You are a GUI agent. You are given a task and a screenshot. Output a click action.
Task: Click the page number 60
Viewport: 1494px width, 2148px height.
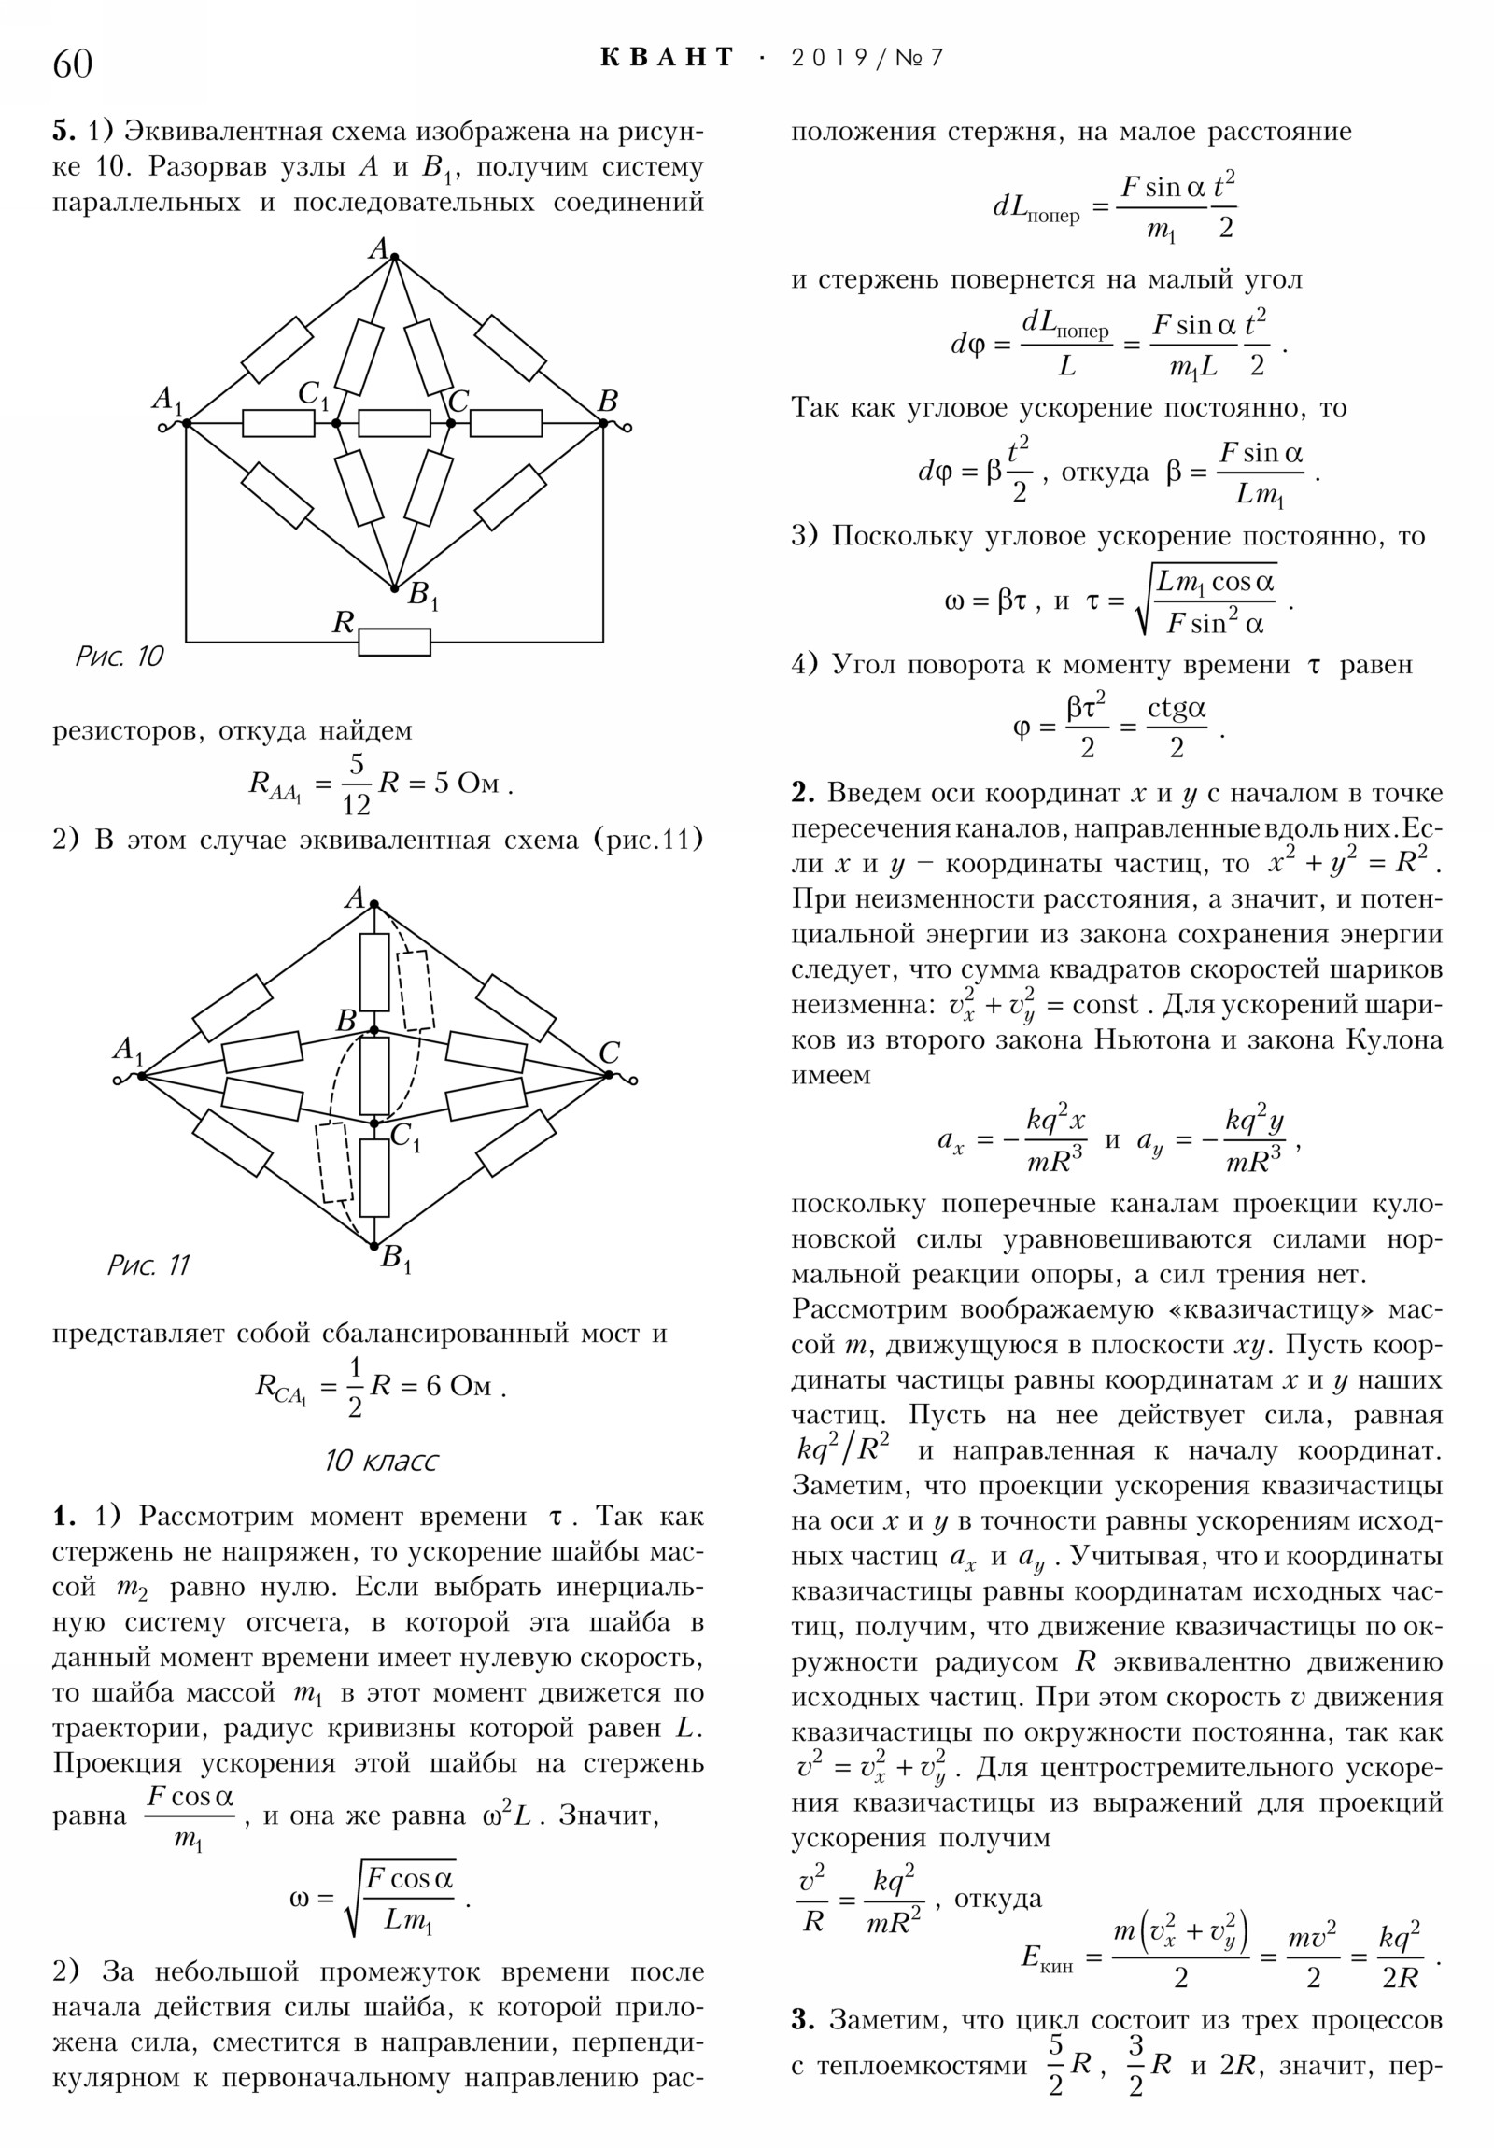click(x=73, y=64)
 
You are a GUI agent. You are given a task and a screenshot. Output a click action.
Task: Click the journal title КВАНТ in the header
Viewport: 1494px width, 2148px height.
click(x=667, y=58)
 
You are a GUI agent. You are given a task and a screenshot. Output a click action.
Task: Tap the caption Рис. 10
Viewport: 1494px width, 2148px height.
click(x=119, y=657)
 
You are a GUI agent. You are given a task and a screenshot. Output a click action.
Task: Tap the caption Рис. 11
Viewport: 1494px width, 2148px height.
click(x=148, y=1265)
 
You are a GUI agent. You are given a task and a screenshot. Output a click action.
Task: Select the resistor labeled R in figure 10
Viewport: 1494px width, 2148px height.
click(x=394, y=642)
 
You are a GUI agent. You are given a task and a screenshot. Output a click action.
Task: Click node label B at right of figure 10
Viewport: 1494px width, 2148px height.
click(x=608, y=403)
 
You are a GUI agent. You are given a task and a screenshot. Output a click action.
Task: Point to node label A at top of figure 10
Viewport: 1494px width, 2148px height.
click(x=378, y=248)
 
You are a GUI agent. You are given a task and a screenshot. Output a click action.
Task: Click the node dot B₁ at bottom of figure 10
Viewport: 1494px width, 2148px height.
click(x=394, y=588)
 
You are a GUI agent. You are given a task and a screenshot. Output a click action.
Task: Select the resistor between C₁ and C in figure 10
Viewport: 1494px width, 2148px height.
click(x=394, y=424)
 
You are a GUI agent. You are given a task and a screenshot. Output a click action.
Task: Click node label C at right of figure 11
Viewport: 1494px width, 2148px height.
click(x=609, y=1053)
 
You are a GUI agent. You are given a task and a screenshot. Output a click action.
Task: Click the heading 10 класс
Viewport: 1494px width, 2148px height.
click(x=381, y=1461)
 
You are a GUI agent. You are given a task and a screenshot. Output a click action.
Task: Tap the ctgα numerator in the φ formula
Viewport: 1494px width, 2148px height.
click(x=1176, y=710)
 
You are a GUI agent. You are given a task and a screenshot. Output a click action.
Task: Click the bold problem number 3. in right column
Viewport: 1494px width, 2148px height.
click(x=803, y=2020)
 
